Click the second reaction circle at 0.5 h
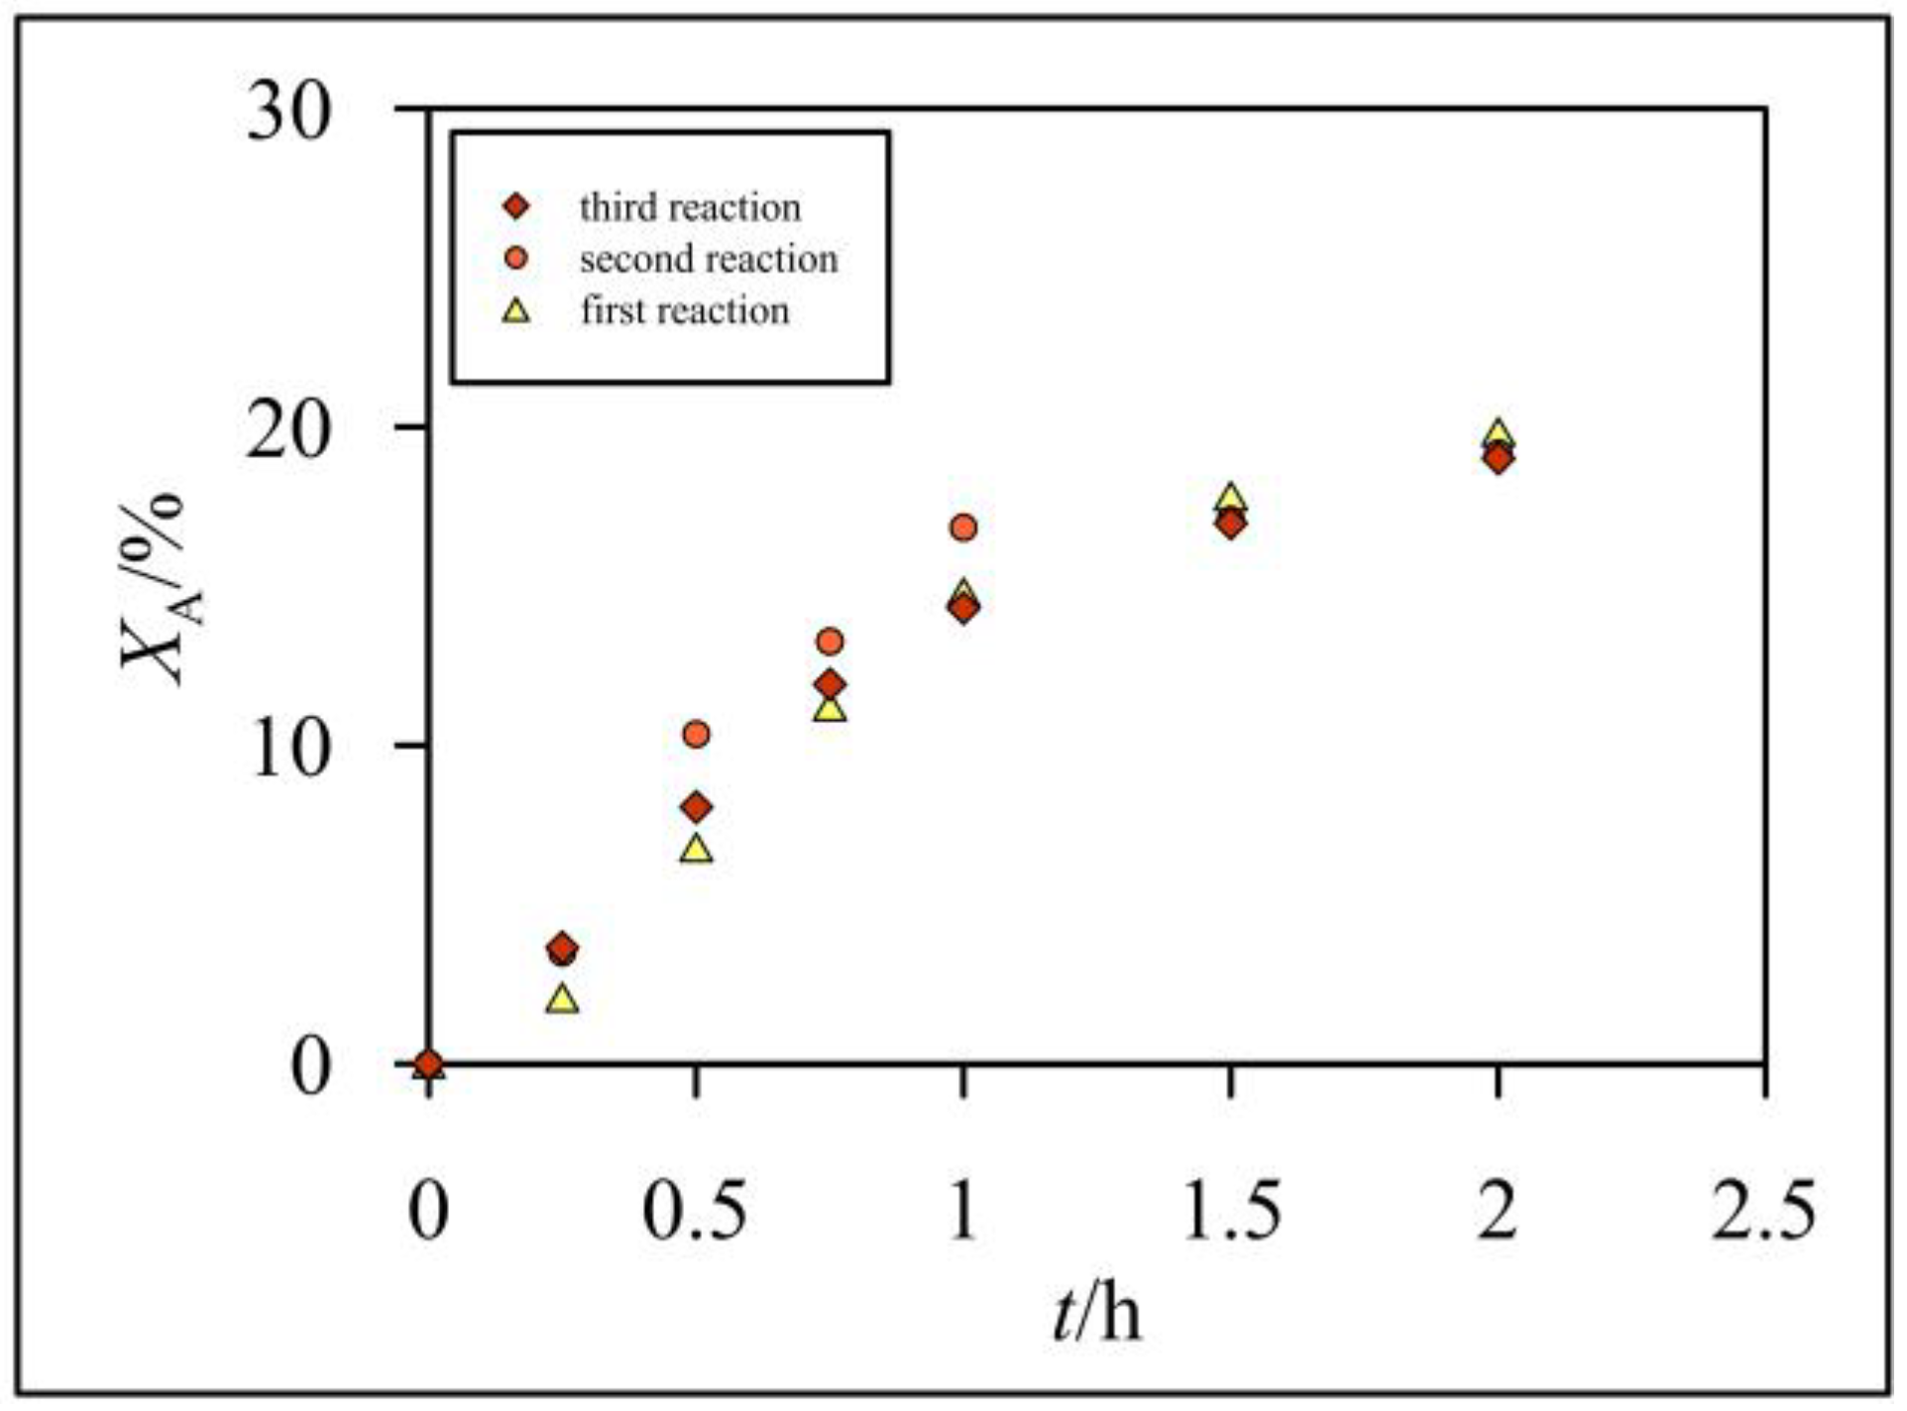click(697, 735)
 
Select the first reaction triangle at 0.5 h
click(697, 850)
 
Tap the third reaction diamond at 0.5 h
click(697, 807)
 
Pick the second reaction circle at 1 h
click(963, 528)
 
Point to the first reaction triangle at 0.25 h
click(562, 999)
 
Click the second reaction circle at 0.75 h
click(831, 642)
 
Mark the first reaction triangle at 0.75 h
click(831, 709)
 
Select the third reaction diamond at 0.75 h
click(831, 684)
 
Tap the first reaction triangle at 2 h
click(1499, 433)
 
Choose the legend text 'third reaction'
click(690, 207)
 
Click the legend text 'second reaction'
click(709, 259)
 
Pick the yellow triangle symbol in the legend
click(516, 311)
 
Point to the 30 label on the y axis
click(287, 112)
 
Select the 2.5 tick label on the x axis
click(1764, 1210)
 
